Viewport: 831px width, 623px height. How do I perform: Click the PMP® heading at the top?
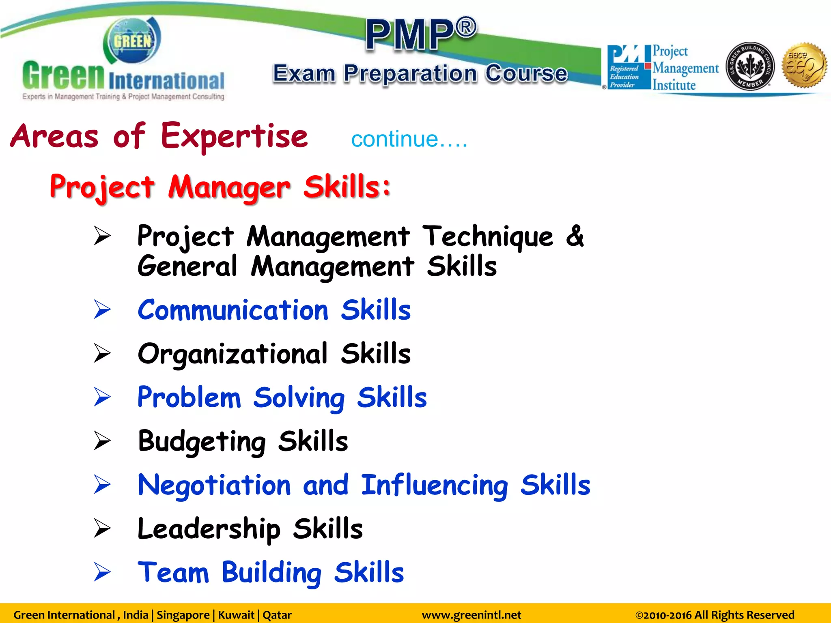pos(421,35)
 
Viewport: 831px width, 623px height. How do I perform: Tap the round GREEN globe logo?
pos(132,41)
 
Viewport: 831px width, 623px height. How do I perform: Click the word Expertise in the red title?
pos(234,136)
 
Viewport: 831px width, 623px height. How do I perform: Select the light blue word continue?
pos(394,140)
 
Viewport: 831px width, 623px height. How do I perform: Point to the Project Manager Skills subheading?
pos(220,187)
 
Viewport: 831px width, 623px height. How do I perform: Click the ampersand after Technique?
pos(575,236)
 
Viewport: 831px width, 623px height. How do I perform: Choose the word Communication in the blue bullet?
pos(233,310)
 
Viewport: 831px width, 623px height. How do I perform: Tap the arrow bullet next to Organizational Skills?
pos(102,353)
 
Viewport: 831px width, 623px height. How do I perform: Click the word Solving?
pos(299,398)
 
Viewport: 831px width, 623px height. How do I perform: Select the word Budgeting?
pos(202,442)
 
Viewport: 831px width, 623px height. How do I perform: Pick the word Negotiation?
pos(214,486)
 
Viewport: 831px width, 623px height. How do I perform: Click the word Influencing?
pos(434,486)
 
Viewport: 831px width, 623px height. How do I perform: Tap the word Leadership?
pos(209,529)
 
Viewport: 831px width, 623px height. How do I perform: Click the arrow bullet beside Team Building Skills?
pos(102,572)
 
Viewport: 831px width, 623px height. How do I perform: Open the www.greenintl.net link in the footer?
pos(471,615)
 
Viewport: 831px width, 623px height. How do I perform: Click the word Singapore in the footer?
pos(183,615)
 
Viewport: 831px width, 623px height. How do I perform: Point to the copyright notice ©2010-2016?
pos(714,615)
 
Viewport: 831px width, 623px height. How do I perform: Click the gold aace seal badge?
pos(805,65)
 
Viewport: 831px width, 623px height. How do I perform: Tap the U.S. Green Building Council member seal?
pos(750,66)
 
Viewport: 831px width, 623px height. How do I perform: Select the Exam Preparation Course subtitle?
pos(420,73)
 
